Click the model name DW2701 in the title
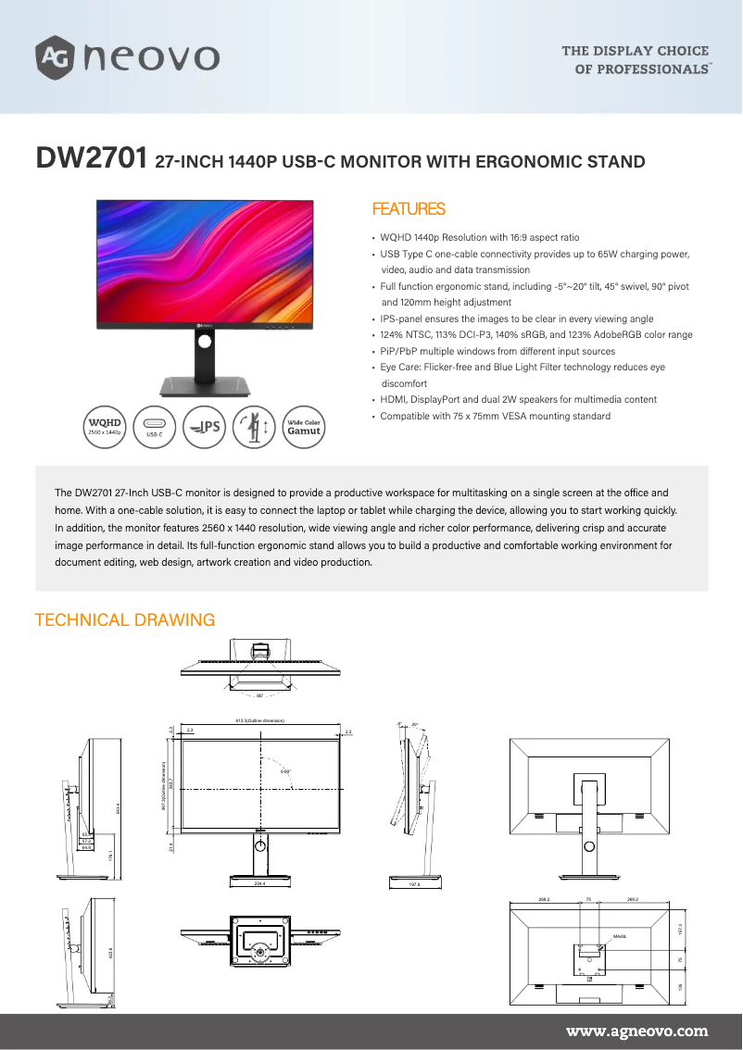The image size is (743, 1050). pos(90,159)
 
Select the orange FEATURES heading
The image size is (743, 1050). pos(408,209)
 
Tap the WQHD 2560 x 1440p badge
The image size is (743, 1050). pos(105,426)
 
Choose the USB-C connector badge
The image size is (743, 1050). pos(155,426)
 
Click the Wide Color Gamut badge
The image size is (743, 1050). pos(303,427)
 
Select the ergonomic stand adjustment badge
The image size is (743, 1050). pos(254,427)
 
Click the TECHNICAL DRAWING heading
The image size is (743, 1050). pos(124,620)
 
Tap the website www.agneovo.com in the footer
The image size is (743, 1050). pos(636,1031)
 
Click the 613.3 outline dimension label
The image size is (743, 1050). pos(259,720)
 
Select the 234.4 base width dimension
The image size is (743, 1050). pos(259,883)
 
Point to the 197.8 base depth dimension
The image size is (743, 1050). pos(414,884)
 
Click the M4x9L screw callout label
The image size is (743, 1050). pos(619,936)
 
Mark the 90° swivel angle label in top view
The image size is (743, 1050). pos(259,694)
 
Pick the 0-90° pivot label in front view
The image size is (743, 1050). pos(285,770)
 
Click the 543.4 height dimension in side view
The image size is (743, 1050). pos(118,807)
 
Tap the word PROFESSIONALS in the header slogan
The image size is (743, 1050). pos(653,69)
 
